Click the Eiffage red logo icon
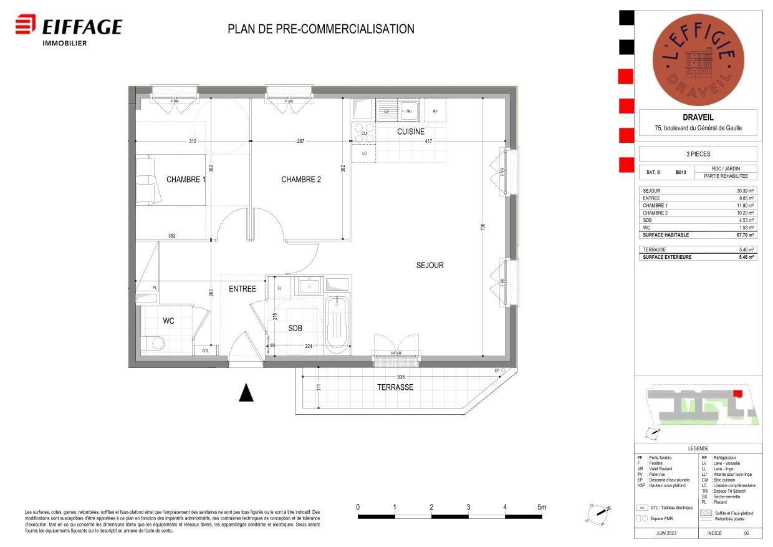pos(26,26)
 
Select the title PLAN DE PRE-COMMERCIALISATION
pos(320,29)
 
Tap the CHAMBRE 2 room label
pos(301,180)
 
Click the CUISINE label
pos(410,132)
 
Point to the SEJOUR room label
pos(430,265)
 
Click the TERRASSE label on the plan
pos(395,387)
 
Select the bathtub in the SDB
pos(337,324)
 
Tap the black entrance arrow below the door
pos(247,392)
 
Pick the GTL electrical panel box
pos(206,351)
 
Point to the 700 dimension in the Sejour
pos(483,228)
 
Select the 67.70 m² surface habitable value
pos(744,236)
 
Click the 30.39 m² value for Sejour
pos(744,191)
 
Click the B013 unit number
pos(681,173)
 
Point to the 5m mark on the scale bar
pos(541,507)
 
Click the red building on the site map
pos(737,394)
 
